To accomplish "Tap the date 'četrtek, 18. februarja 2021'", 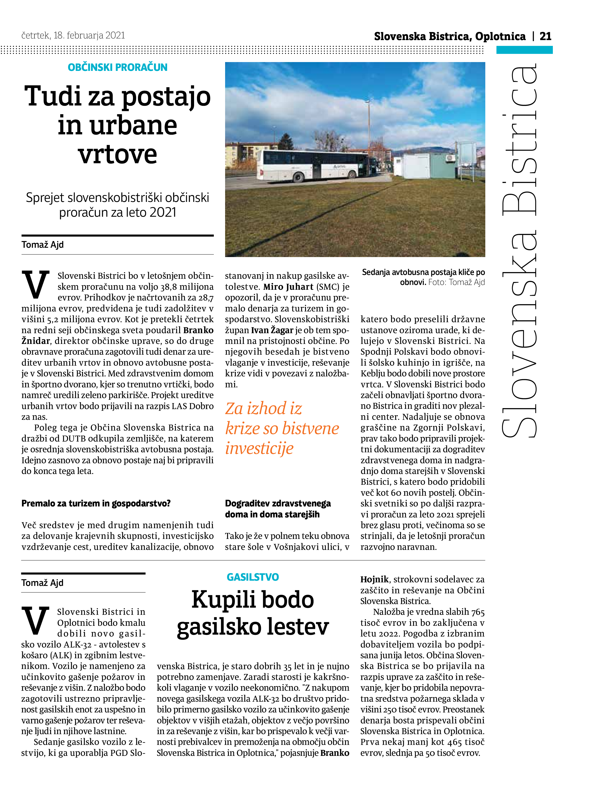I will (x=73, y=36).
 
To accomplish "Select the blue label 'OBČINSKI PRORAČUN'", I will (x=117, y=67).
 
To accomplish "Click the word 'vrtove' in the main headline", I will (x=117, y=155).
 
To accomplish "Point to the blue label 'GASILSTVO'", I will (x=253, y=577).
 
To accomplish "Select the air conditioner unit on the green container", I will (x=450, y=158).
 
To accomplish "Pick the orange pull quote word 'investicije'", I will (x=259, y=448).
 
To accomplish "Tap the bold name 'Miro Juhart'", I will (x=288, y=287).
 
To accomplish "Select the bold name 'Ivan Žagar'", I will (x=272, y=330).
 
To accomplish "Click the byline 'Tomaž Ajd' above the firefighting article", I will (x=42, y=583).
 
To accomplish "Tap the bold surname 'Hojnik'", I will (x=375, y=579).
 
